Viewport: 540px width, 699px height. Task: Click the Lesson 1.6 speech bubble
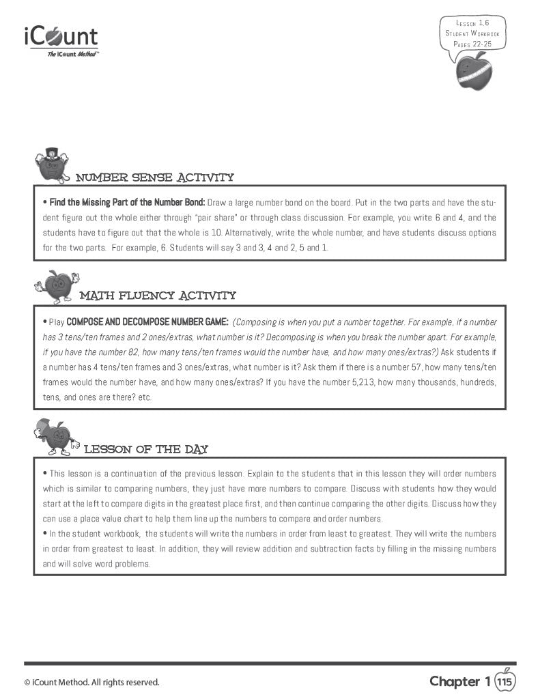[x=475, y=33]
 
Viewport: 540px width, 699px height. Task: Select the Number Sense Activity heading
[x=154, y=177]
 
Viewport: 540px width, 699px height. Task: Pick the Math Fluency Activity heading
[x=158, y=296]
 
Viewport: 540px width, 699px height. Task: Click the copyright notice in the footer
[x=91, y=682]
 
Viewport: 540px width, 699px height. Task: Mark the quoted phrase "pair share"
[x=215, y=218]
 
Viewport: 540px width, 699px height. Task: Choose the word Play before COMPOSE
[x=57, y=322]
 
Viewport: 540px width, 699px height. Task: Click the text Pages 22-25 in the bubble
[x=472, y=43]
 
